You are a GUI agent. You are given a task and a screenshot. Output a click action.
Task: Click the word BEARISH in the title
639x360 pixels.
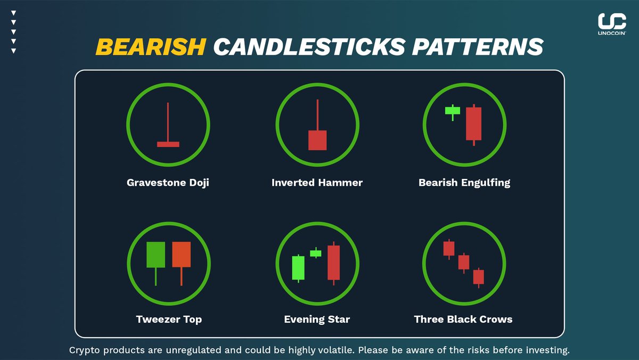151,47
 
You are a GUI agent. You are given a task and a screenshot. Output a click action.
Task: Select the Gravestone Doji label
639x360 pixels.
168,183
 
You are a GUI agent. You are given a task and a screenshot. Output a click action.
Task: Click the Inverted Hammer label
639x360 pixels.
317,183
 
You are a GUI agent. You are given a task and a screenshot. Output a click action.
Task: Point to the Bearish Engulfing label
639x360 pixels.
464,183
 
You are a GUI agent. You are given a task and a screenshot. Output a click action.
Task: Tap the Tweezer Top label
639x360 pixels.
169,320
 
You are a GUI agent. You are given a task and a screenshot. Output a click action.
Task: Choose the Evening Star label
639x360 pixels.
317,320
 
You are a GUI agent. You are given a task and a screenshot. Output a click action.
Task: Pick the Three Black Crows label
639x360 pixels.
463,320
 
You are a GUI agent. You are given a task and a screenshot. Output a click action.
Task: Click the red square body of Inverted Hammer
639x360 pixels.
317,140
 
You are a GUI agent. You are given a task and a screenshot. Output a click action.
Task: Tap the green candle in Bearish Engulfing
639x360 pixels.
453,110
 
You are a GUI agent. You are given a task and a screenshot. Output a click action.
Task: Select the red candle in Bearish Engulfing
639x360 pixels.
473,124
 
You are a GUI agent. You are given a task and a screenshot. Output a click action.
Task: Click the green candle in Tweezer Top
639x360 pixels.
155,255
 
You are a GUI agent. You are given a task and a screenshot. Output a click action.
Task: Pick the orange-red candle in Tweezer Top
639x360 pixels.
182,255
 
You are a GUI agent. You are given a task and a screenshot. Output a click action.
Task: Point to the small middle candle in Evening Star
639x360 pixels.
316,253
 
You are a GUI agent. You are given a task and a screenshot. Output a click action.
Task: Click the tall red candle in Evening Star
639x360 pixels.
333,262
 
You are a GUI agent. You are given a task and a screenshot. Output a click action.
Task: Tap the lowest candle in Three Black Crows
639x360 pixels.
479,276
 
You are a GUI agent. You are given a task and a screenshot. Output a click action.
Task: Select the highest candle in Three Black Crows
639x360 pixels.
449,248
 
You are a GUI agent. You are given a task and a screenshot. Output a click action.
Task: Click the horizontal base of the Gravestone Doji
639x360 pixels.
168,144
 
